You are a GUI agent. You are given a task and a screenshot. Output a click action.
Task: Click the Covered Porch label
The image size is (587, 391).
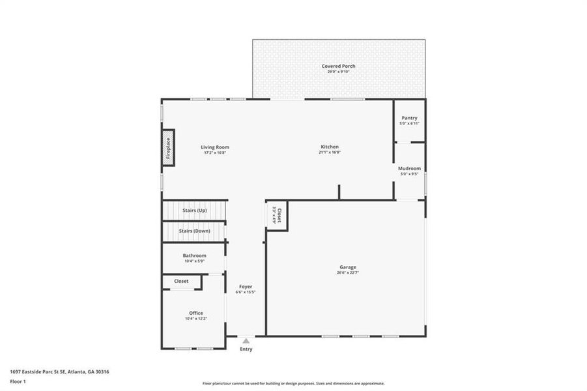(x=338, y=66)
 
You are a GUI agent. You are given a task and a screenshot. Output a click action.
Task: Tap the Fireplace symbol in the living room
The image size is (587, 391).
(x=167, y=148)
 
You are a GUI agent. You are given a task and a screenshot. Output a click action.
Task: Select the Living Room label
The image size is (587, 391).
(x=215, y=147)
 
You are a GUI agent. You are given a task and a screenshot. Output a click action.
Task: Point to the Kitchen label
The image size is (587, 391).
(x=330, y=147)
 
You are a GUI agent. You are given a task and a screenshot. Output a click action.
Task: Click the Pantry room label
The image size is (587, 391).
(x=409, y=118)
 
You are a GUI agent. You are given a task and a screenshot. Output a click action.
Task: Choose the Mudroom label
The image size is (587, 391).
(x=409, y=168)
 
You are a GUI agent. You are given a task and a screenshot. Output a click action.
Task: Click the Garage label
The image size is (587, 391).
(x=347, y=267)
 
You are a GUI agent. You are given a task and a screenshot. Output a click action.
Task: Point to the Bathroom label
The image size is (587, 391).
(x=194, y=255)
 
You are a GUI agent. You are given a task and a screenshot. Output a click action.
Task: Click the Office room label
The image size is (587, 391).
(x=196, y=313)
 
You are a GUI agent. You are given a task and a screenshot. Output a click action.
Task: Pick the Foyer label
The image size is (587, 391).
(x=246, y=286)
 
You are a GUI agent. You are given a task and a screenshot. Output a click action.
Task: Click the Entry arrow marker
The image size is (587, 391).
(x=246, y=340)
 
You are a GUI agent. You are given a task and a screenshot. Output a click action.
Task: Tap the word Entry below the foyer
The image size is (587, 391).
(x=246, y=349)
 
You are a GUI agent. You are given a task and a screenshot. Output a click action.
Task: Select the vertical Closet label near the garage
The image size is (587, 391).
(x=279, y=214)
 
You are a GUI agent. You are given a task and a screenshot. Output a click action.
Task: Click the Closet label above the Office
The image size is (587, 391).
(x=181, y=282)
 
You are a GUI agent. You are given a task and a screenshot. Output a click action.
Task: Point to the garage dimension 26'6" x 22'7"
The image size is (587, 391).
(x=347, y=273)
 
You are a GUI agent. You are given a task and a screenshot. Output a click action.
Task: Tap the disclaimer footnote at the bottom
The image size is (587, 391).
(x=293, y=384)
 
